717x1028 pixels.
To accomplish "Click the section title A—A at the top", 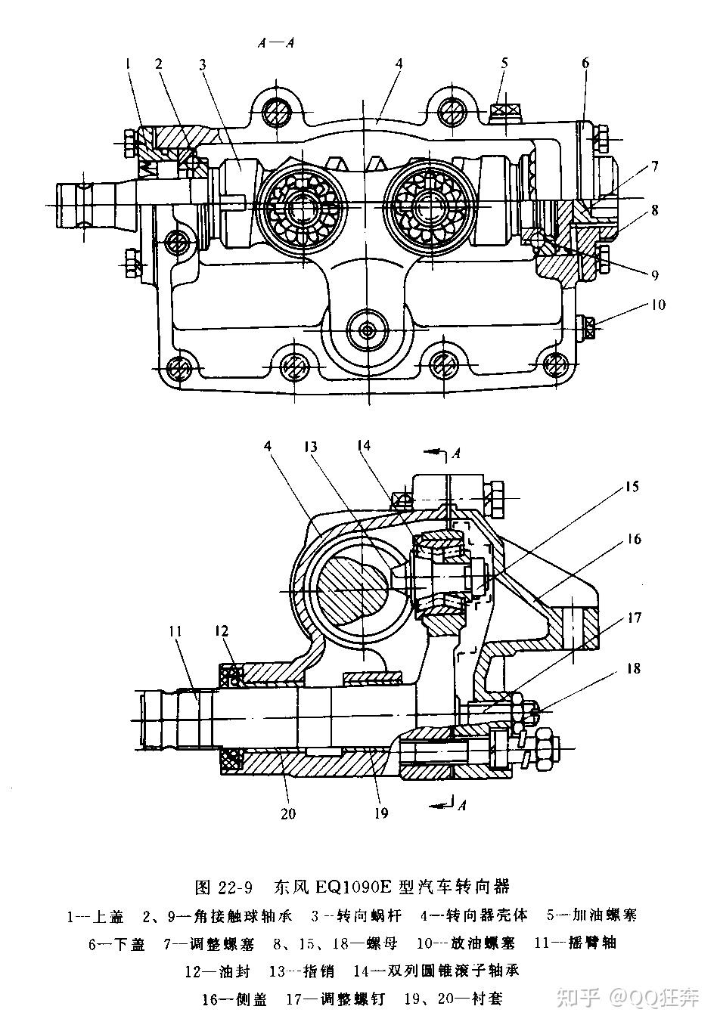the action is (x=275, y=43).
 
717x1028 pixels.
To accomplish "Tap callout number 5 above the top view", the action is (x=504, y=63).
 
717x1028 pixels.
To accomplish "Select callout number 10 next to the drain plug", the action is (x=658, y=305).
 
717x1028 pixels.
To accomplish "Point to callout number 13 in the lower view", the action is (x=311, y=446).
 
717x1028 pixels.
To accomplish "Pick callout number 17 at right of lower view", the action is (x=634, y=618).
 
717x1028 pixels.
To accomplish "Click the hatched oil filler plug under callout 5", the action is (x=505, y=111).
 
